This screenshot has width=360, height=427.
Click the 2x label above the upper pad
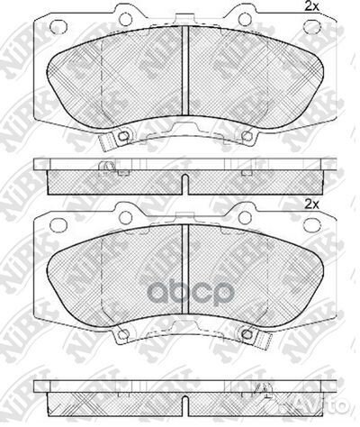click(313, 8)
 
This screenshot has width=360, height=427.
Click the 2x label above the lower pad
click(313, 205)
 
